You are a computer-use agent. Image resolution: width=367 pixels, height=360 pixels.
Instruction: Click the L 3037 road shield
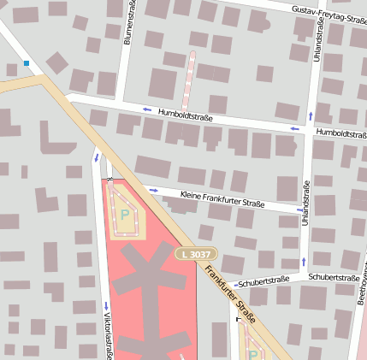click(x=197, y=254)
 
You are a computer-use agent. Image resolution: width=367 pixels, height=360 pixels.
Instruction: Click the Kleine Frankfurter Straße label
click(x=222, y=200)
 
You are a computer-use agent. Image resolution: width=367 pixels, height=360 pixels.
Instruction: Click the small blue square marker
click(x=27, y=63)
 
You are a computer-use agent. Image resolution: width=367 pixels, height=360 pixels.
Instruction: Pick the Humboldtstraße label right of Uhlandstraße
click(x=340, y=133)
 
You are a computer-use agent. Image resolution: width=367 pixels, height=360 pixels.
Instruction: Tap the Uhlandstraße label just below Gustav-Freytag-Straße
click(x=317, y=33)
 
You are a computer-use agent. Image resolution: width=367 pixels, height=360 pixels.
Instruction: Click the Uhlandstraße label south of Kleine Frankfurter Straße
click(x=305, y=202)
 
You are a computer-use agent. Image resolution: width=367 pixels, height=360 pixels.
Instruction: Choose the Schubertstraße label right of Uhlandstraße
click(x=333, y=278)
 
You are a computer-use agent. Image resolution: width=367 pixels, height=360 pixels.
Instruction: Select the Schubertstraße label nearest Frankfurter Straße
click(x=261, y=281)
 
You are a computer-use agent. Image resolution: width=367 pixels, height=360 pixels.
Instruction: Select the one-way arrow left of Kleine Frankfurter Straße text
click(x=154, y=190)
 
